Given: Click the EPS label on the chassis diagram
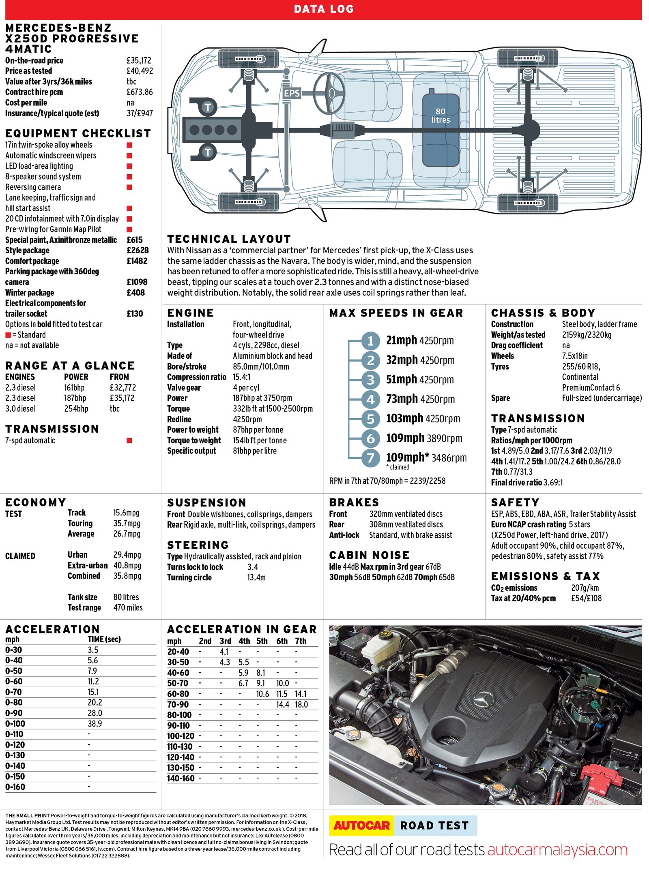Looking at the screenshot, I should [292, 93].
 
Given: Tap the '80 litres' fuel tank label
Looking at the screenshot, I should [441, 115].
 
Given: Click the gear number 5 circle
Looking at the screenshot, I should [370, 419].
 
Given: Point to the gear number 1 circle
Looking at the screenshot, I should [370, 341].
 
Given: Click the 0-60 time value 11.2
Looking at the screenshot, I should [93, 682].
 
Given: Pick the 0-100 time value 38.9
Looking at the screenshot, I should [95, 724].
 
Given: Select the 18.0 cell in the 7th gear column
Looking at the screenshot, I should [301, 705].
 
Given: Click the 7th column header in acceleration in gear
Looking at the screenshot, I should [301, 641].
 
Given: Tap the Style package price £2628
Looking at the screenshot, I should [138, 250].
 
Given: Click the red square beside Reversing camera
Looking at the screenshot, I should [129, 187].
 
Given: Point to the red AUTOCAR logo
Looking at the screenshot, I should [361, 825].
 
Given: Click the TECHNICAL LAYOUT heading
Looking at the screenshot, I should [229, 239].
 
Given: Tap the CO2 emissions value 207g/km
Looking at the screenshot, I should [585, 588].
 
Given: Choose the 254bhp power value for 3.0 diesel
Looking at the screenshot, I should [76, 408].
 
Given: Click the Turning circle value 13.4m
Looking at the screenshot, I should [256, 577].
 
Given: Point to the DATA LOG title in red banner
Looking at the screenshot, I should [324, 9].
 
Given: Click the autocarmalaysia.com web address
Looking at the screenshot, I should [557, 850].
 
